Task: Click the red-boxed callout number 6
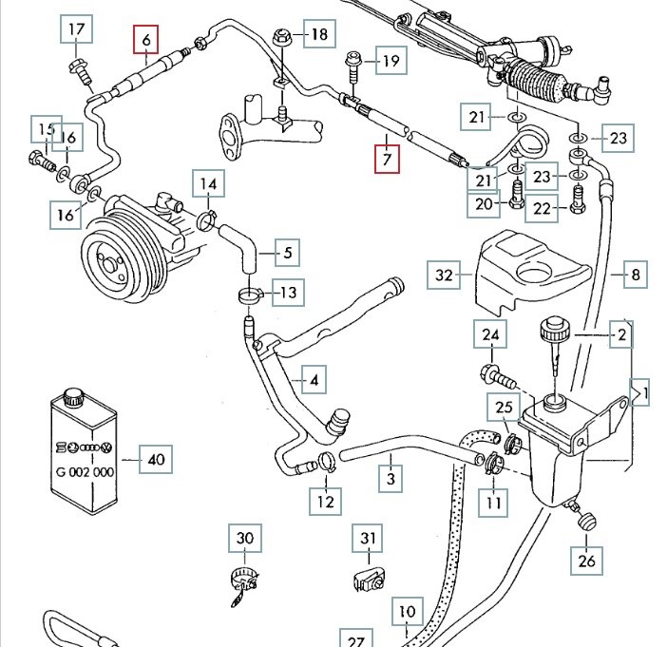pyautogui.click(x=146, y=40)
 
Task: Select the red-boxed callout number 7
pyautogui.click(x=387, y=158)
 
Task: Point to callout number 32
pyautogui.click(x=445, y=276)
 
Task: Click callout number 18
pyautogui.click(x=319, y=36)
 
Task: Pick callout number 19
pyautogui.click(x=390, y=63)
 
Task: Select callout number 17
pyautogui.click(x=78, y=31)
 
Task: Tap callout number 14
pyautogui.click(x=208, y=184)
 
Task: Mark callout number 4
pyautogui.click(x=314, y=381)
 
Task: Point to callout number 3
pyautogui.click(x=391, y=478)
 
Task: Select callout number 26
pyautogui.click(x=585, y=561)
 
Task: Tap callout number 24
pyautogui.click(x=490, y=335)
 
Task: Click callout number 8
pyautogui.click(x=636, y=276)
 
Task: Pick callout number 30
pyautogui.click(x=245, y=539)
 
